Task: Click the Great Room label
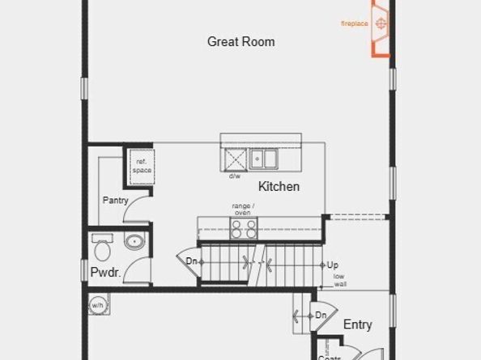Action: point(240,41)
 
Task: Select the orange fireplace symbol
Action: point(380,23)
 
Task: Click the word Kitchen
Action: point(279,187)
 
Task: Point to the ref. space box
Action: point(142,166)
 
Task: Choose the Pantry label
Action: point(116,201)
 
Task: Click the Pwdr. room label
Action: point(106,273)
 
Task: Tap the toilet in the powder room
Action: point(103,242)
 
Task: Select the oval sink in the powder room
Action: point(134,241)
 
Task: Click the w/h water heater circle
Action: point(96,305)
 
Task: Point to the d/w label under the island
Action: point(235,176)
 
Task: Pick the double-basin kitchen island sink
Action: point(263,158)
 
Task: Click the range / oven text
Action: point(243,209)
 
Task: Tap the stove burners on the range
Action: point(244,229)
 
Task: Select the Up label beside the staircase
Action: point(333,265)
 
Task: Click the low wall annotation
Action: point(340,281)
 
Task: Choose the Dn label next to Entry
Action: point(321,315)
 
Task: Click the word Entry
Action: point(358,324)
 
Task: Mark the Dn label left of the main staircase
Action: point(192,261)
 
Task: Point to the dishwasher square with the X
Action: point(235,158)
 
